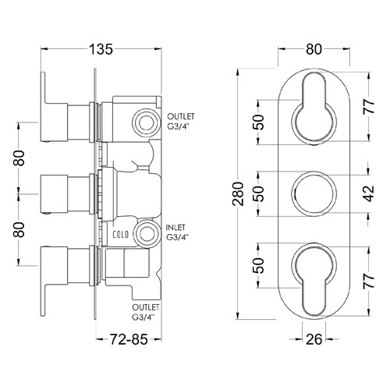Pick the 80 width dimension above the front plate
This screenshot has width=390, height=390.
[x=314, y=48]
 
